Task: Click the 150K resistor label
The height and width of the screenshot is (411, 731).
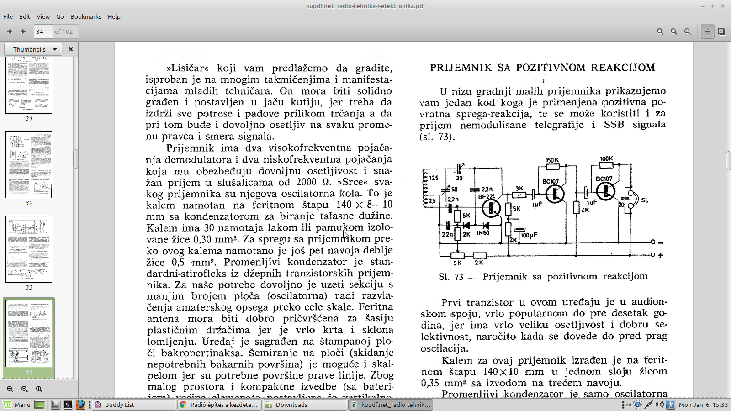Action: [x=552, y=160]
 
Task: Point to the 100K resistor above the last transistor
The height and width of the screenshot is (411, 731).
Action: [x=606, y=166]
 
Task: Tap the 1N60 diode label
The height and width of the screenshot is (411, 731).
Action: [x=483, y=233]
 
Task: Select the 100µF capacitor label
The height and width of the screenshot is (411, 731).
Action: [x=529, y=235]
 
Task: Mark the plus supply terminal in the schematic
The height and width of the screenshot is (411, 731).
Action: [x=653, y=255]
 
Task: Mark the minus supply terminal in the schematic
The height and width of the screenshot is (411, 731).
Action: [x=653, y=242]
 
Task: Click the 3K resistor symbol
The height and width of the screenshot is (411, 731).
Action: [x=519, y=195]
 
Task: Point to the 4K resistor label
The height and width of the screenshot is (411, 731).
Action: [x=585, y=210]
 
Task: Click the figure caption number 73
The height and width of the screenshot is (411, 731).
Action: [x=459, y=277]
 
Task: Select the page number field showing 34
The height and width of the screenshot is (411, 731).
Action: [x=43, y=32]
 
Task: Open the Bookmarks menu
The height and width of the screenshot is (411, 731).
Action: [x=85, y=16]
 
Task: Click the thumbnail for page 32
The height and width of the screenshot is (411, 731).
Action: [x=29, y=164]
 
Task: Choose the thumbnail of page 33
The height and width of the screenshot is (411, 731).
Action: [x=29, y=249]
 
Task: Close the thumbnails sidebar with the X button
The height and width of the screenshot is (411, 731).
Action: [x=71, y=49]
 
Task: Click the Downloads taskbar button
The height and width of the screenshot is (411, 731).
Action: [x=291, y=405]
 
